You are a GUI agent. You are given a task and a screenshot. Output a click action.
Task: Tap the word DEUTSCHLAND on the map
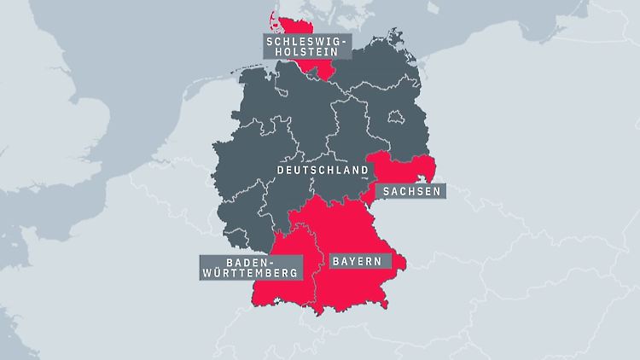coord(323,170)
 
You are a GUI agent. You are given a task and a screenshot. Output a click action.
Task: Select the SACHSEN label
coord(411,190)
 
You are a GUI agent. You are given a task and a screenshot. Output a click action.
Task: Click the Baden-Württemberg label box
coord(251,267)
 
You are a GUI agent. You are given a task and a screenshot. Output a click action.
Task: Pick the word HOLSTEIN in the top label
coord(296,53)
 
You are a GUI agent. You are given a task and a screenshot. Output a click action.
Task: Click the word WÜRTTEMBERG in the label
coord(251,274)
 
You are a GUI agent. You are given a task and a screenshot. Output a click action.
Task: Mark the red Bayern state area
coord(358,230)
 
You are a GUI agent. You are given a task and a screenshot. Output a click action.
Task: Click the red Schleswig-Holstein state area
coord(311,68)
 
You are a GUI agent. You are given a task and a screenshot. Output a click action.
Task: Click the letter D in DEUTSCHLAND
coord(281,170)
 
